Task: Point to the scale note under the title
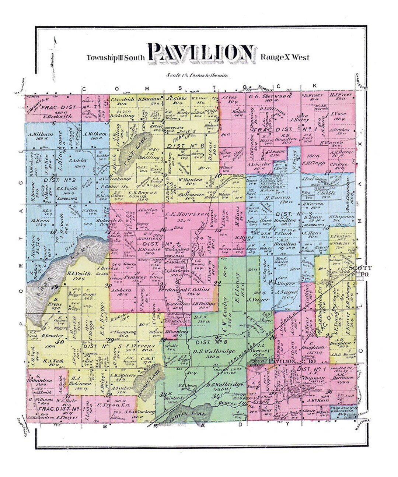pos(197,75)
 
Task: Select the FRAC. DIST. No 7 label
pos(69,107)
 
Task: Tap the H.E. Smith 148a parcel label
pos(79,274)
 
